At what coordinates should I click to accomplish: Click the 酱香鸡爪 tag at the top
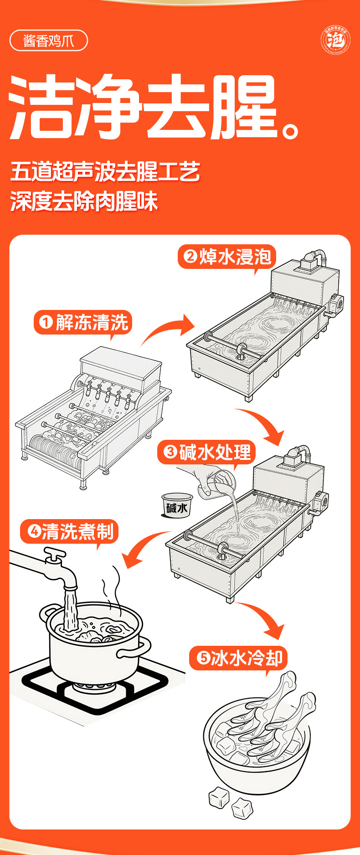click(48, 41)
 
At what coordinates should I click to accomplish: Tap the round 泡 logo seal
click(335, 41)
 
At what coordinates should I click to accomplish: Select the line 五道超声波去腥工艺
click(105, 171)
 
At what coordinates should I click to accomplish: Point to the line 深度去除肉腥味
click(84, 201)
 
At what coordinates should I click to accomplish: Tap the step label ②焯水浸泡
click(227, 257)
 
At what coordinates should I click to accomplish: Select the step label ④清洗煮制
click(70, 531)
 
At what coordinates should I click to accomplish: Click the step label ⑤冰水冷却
click(239, 658)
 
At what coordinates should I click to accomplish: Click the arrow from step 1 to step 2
click(169, 330)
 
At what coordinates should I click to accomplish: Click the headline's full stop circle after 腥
click(290, 130)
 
